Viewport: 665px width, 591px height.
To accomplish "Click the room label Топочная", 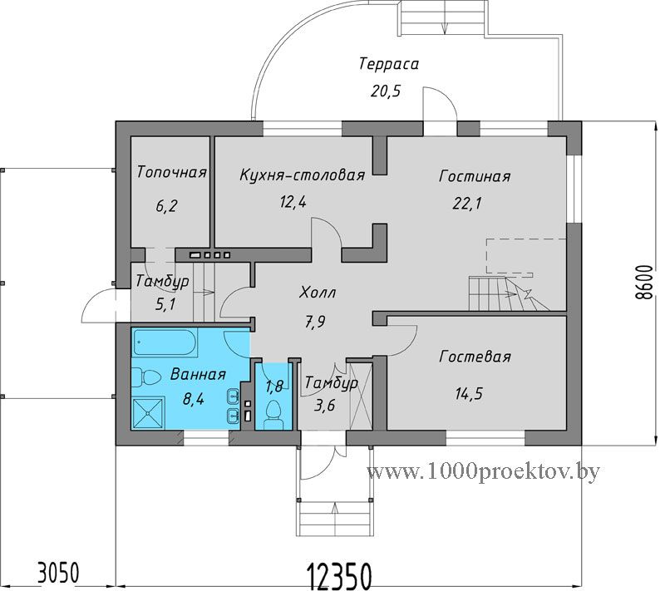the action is tap(172, 173).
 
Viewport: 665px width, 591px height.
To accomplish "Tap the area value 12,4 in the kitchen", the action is tap(293, 202).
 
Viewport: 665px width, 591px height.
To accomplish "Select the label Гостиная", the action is tap(475, 176).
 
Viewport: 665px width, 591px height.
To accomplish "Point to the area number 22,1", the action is tap(467, 204).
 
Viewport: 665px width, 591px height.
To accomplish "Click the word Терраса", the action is tap(389, 64).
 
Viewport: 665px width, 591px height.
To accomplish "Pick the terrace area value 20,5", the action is tap(386, 91).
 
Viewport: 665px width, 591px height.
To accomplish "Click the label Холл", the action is tap(318, 293).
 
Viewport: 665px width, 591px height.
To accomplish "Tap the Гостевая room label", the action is tap(475, 357).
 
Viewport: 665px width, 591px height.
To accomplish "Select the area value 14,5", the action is tap(469, 394).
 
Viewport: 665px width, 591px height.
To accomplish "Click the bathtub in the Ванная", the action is tap(165, 342).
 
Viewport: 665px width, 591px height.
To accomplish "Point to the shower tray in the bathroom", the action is tap(148, 413).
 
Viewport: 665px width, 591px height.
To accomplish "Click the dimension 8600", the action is tap(645, 283).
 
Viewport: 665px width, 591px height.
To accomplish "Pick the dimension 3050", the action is tap(58, 574).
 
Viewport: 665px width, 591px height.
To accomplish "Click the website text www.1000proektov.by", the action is tap(484, 471).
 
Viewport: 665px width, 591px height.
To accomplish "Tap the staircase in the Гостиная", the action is tap(509, 293).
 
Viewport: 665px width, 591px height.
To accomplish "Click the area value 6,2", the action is tap(167, 206).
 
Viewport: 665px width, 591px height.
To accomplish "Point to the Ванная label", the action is tap(198, 375).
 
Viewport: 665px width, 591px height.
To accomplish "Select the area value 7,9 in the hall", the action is tap(315, 323).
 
